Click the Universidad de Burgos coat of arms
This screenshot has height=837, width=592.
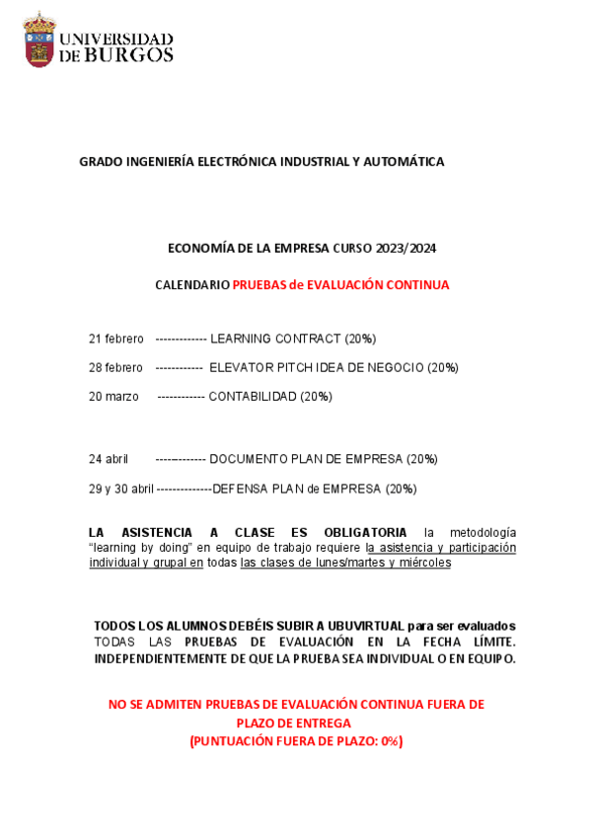39,39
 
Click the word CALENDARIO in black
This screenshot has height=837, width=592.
192,285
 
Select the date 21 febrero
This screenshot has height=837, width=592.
115,339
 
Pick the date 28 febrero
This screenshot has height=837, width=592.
115,368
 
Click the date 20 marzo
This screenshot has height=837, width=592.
113,397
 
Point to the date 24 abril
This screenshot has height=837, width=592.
109,459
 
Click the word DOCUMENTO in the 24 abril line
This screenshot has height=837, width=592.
249,459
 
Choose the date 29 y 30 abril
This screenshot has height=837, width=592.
121,489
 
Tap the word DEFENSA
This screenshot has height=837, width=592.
240,489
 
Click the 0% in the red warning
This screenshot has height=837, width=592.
388,741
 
